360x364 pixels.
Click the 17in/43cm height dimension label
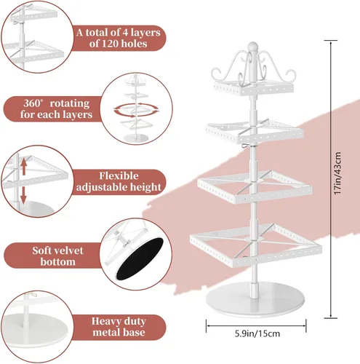point(337,173)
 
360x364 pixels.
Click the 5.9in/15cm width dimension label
point(257,333)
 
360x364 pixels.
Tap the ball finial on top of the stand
point(252,46)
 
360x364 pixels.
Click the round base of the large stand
point(255,299)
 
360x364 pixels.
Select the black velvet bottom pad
point(140,258)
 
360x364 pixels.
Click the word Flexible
point(119,175)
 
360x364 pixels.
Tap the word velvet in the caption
point(68,250)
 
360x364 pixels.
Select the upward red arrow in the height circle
point(24,167)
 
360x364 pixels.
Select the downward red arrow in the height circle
point(23,194)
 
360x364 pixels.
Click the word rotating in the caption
point(70,103)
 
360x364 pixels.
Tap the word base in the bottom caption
point(133,332)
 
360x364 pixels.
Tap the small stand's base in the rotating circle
point(136,138)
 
